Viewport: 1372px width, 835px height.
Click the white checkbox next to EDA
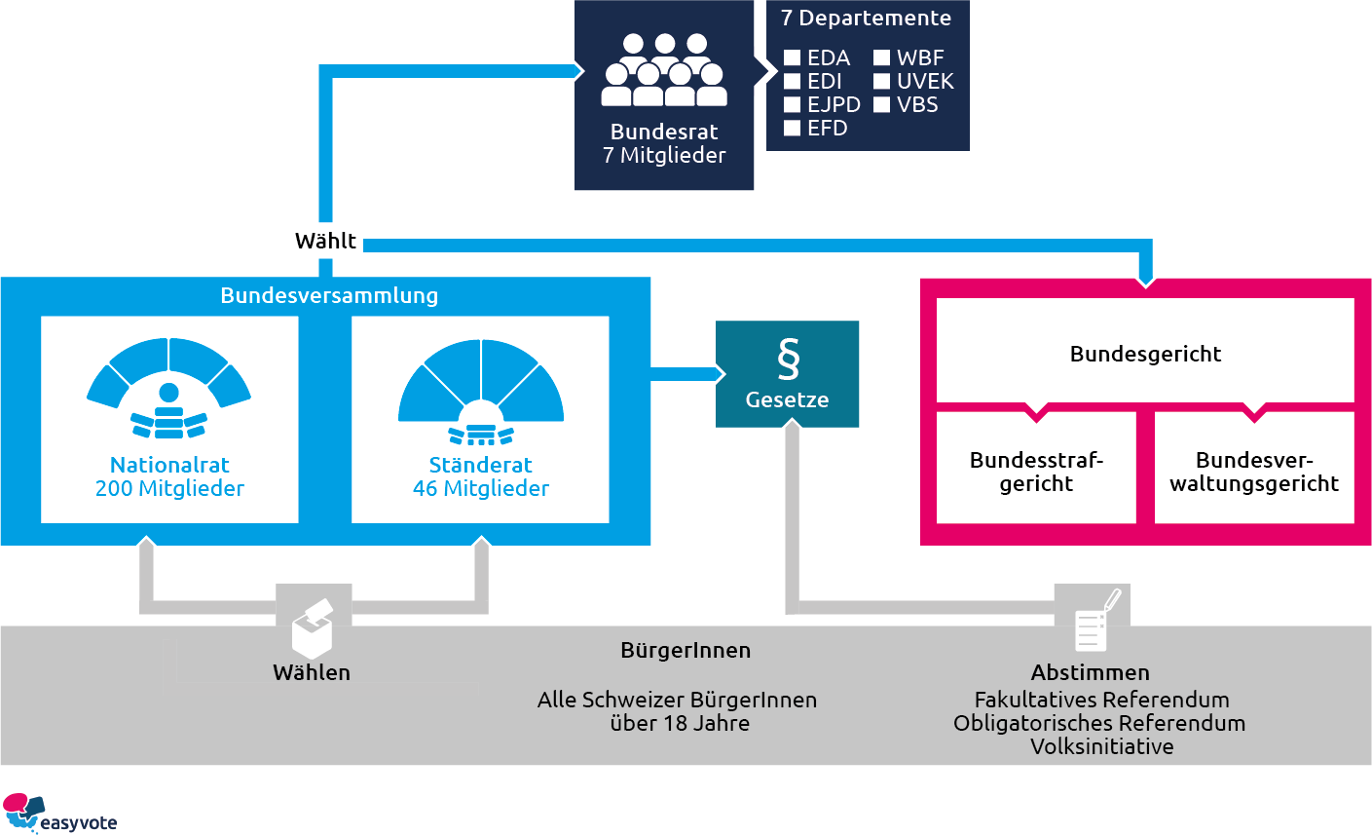792,58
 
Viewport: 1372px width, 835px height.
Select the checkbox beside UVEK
881,82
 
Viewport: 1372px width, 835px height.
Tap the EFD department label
827,129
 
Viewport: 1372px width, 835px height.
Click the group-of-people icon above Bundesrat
664,70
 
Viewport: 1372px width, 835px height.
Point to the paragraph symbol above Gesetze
788,359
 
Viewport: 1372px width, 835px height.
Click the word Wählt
325,241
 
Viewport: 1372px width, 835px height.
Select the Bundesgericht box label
1145,354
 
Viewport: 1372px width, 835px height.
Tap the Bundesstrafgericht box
1036,472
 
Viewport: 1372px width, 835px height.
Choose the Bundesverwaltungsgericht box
1254,472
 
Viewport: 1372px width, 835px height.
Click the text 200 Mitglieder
169,489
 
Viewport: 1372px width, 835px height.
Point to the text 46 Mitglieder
481,489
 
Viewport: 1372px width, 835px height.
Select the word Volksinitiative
1101,747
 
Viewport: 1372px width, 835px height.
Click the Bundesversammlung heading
329,295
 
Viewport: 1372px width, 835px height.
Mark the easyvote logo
59,814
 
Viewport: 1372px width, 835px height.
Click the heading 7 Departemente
866,19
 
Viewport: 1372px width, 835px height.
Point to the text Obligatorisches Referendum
1099,724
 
